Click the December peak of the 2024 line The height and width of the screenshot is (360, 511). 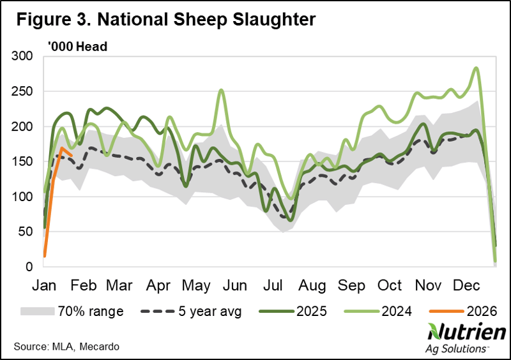coord(476,68)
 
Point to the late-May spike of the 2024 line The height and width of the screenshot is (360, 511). coord(221,90)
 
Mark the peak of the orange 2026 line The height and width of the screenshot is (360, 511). coord(62,148)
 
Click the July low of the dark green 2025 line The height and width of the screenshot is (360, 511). coord(291,220)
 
